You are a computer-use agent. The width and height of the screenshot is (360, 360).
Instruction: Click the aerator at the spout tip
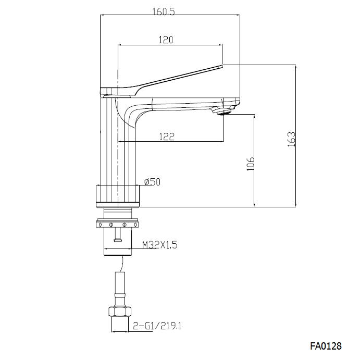[224, 110]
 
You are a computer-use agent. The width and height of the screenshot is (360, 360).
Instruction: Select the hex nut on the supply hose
[120, 313]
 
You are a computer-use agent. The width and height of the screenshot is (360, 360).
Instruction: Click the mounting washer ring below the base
[119, 224]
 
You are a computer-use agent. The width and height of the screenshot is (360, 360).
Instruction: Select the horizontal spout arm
[182, 104]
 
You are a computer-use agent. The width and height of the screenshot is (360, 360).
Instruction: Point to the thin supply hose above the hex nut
[120, 287]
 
